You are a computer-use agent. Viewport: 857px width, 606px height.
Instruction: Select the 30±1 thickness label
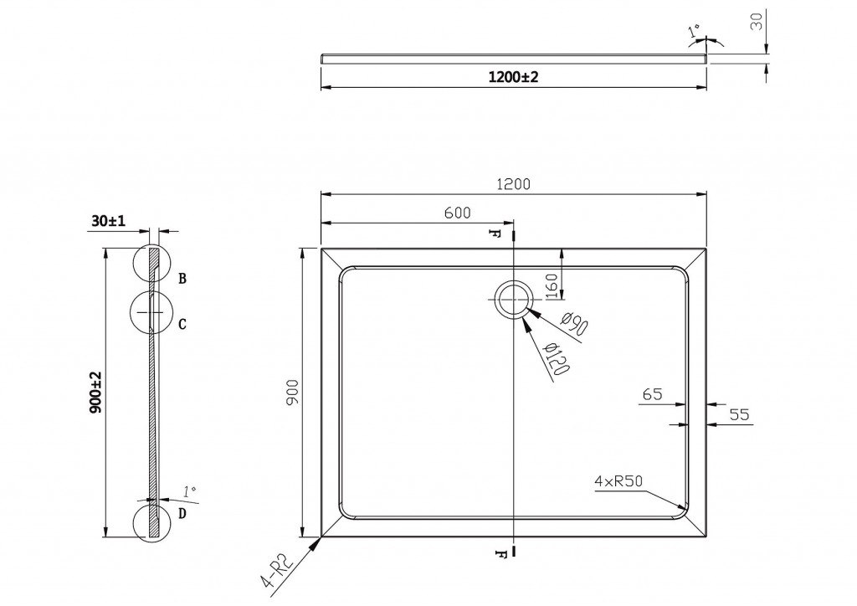point(109,221)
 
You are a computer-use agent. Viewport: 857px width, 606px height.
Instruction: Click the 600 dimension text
point(457,214)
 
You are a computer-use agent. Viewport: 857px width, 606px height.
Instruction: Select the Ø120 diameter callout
point(557,359)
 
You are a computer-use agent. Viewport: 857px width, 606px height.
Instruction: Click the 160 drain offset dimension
point(551,286)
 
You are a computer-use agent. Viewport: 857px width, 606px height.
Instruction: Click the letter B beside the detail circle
point(182,278)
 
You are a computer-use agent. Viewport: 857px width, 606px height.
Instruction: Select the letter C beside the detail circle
point(182,323)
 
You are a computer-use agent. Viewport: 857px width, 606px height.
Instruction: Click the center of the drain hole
point(513,299)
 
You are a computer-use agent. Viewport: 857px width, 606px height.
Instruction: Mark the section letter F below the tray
point(500,552)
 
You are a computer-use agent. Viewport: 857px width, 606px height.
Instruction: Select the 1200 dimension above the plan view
point(514,184)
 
